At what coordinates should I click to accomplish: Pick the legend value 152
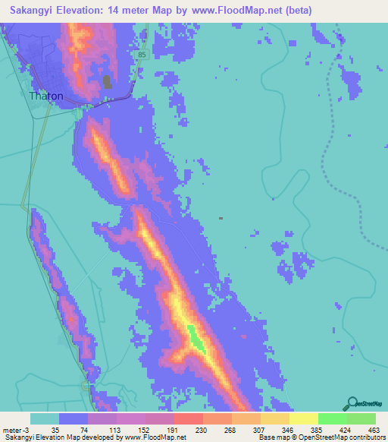coord(129,429)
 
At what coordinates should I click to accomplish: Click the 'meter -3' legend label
coord(15,429)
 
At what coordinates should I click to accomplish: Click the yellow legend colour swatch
coord(303,418)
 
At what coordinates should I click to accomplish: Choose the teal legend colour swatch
coord(45,418)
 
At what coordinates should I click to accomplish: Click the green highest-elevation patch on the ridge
coord(196,338)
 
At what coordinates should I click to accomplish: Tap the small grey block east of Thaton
coord(106,81)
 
